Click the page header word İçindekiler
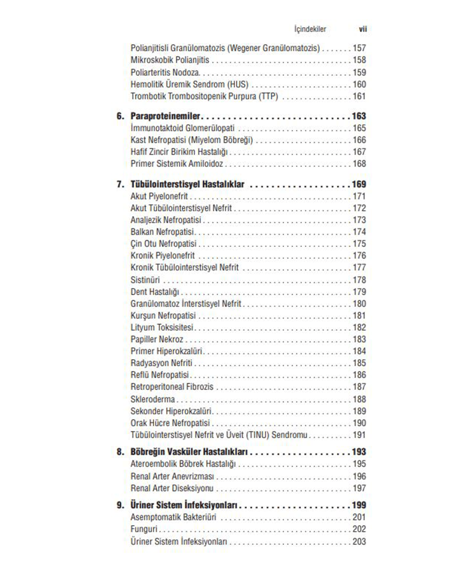click(310, 29)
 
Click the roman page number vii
click(362, 29)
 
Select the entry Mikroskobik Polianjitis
click(170, 60)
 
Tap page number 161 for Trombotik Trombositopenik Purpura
click(359, 96)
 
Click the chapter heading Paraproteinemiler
click(165, 116)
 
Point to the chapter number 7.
click(120, 184)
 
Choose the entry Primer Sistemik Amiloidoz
click(177, 164)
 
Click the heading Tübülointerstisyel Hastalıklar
click(187, 184)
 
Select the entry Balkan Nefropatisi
click(162, 232)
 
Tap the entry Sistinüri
click(145, 280)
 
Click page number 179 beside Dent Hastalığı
click(359, 292)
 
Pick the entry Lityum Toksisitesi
click(162, 328)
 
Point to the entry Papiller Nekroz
click(157, 339)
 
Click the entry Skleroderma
click(153, 399)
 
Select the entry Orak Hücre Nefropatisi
click(170, 423)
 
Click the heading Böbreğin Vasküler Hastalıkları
click(190, 452)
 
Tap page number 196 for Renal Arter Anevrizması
click(359, 476)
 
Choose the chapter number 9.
click(120, 505)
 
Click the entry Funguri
click(144, 529)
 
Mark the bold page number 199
click(359, 505)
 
